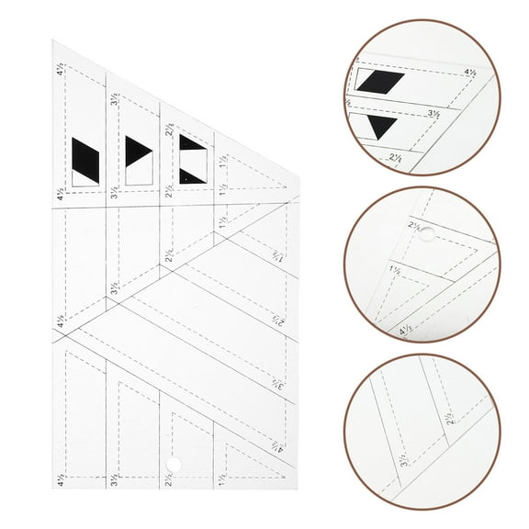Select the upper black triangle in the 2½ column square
(190, 143)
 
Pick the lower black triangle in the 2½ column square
(191, 175)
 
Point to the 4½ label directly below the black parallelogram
(61, 195)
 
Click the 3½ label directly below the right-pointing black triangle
(115, 193)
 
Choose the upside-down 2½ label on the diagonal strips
(276, 321)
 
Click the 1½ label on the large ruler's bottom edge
(221, 478)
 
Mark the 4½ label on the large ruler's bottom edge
(61, 478)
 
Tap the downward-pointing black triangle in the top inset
(379, 127)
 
